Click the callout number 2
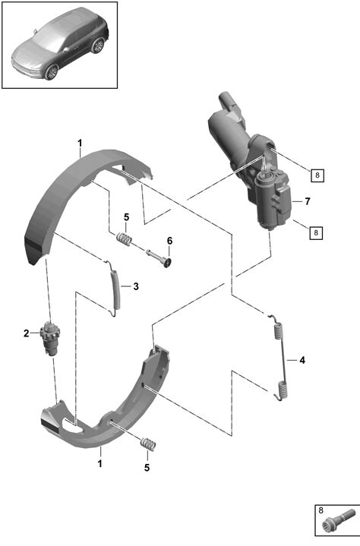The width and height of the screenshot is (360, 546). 26,333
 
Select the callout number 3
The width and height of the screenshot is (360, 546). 136,286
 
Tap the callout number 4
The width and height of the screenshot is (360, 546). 302,360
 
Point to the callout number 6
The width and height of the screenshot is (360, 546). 169,241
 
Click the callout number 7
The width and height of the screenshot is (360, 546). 307,201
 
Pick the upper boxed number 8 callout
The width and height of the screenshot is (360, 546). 317,175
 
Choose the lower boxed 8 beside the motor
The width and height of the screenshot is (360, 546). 316,232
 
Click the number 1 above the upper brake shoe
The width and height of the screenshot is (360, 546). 80,143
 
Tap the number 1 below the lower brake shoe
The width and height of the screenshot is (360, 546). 100,464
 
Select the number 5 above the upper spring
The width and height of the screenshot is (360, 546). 126,217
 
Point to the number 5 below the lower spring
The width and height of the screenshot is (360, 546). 147,468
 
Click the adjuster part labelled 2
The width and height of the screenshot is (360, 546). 50,339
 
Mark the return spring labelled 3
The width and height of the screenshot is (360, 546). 115,289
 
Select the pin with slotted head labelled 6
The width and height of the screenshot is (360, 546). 159,257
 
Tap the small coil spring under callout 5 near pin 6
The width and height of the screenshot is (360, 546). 124,239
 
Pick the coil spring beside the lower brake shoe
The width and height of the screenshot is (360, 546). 148,445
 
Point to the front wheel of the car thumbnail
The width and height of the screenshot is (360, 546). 52,72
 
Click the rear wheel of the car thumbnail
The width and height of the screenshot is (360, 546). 98,46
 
